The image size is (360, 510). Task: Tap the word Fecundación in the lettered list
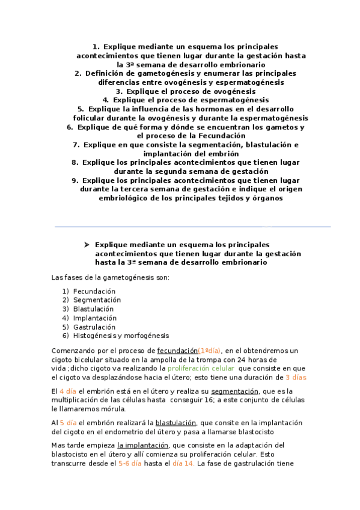(x=94, y=291)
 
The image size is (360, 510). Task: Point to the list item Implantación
(x=94, y=318)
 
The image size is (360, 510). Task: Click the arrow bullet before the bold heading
(x=87, y=245)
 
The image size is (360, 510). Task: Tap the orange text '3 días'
(x=295, y=377)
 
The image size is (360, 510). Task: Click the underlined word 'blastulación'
(x=176, y=423)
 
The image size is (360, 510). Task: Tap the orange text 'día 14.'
(x=184, y=463)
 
